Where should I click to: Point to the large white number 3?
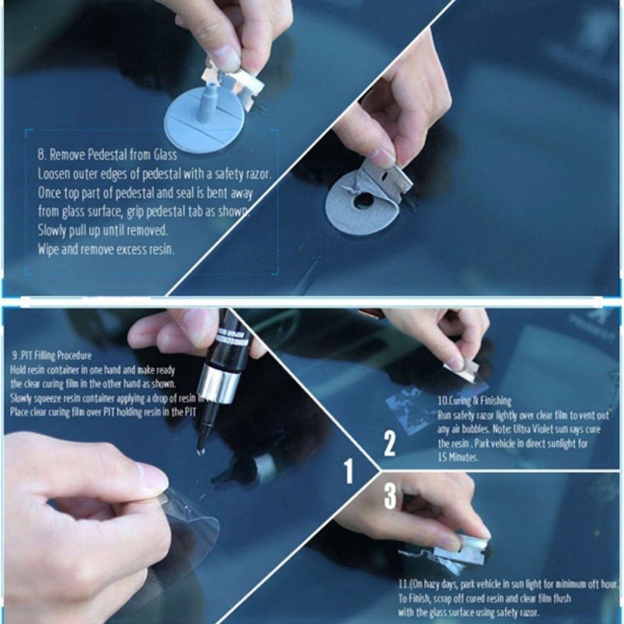(390, 496)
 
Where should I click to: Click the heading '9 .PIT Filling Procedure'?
(51, 356)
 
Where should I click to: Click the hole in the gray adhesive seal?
(361, 201)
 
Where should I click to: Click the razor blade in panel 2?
(462, 373)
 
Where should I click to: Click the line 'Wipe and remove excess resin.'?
(105, 249)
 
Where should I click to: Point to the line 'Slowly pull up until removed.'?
(102, 230)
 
